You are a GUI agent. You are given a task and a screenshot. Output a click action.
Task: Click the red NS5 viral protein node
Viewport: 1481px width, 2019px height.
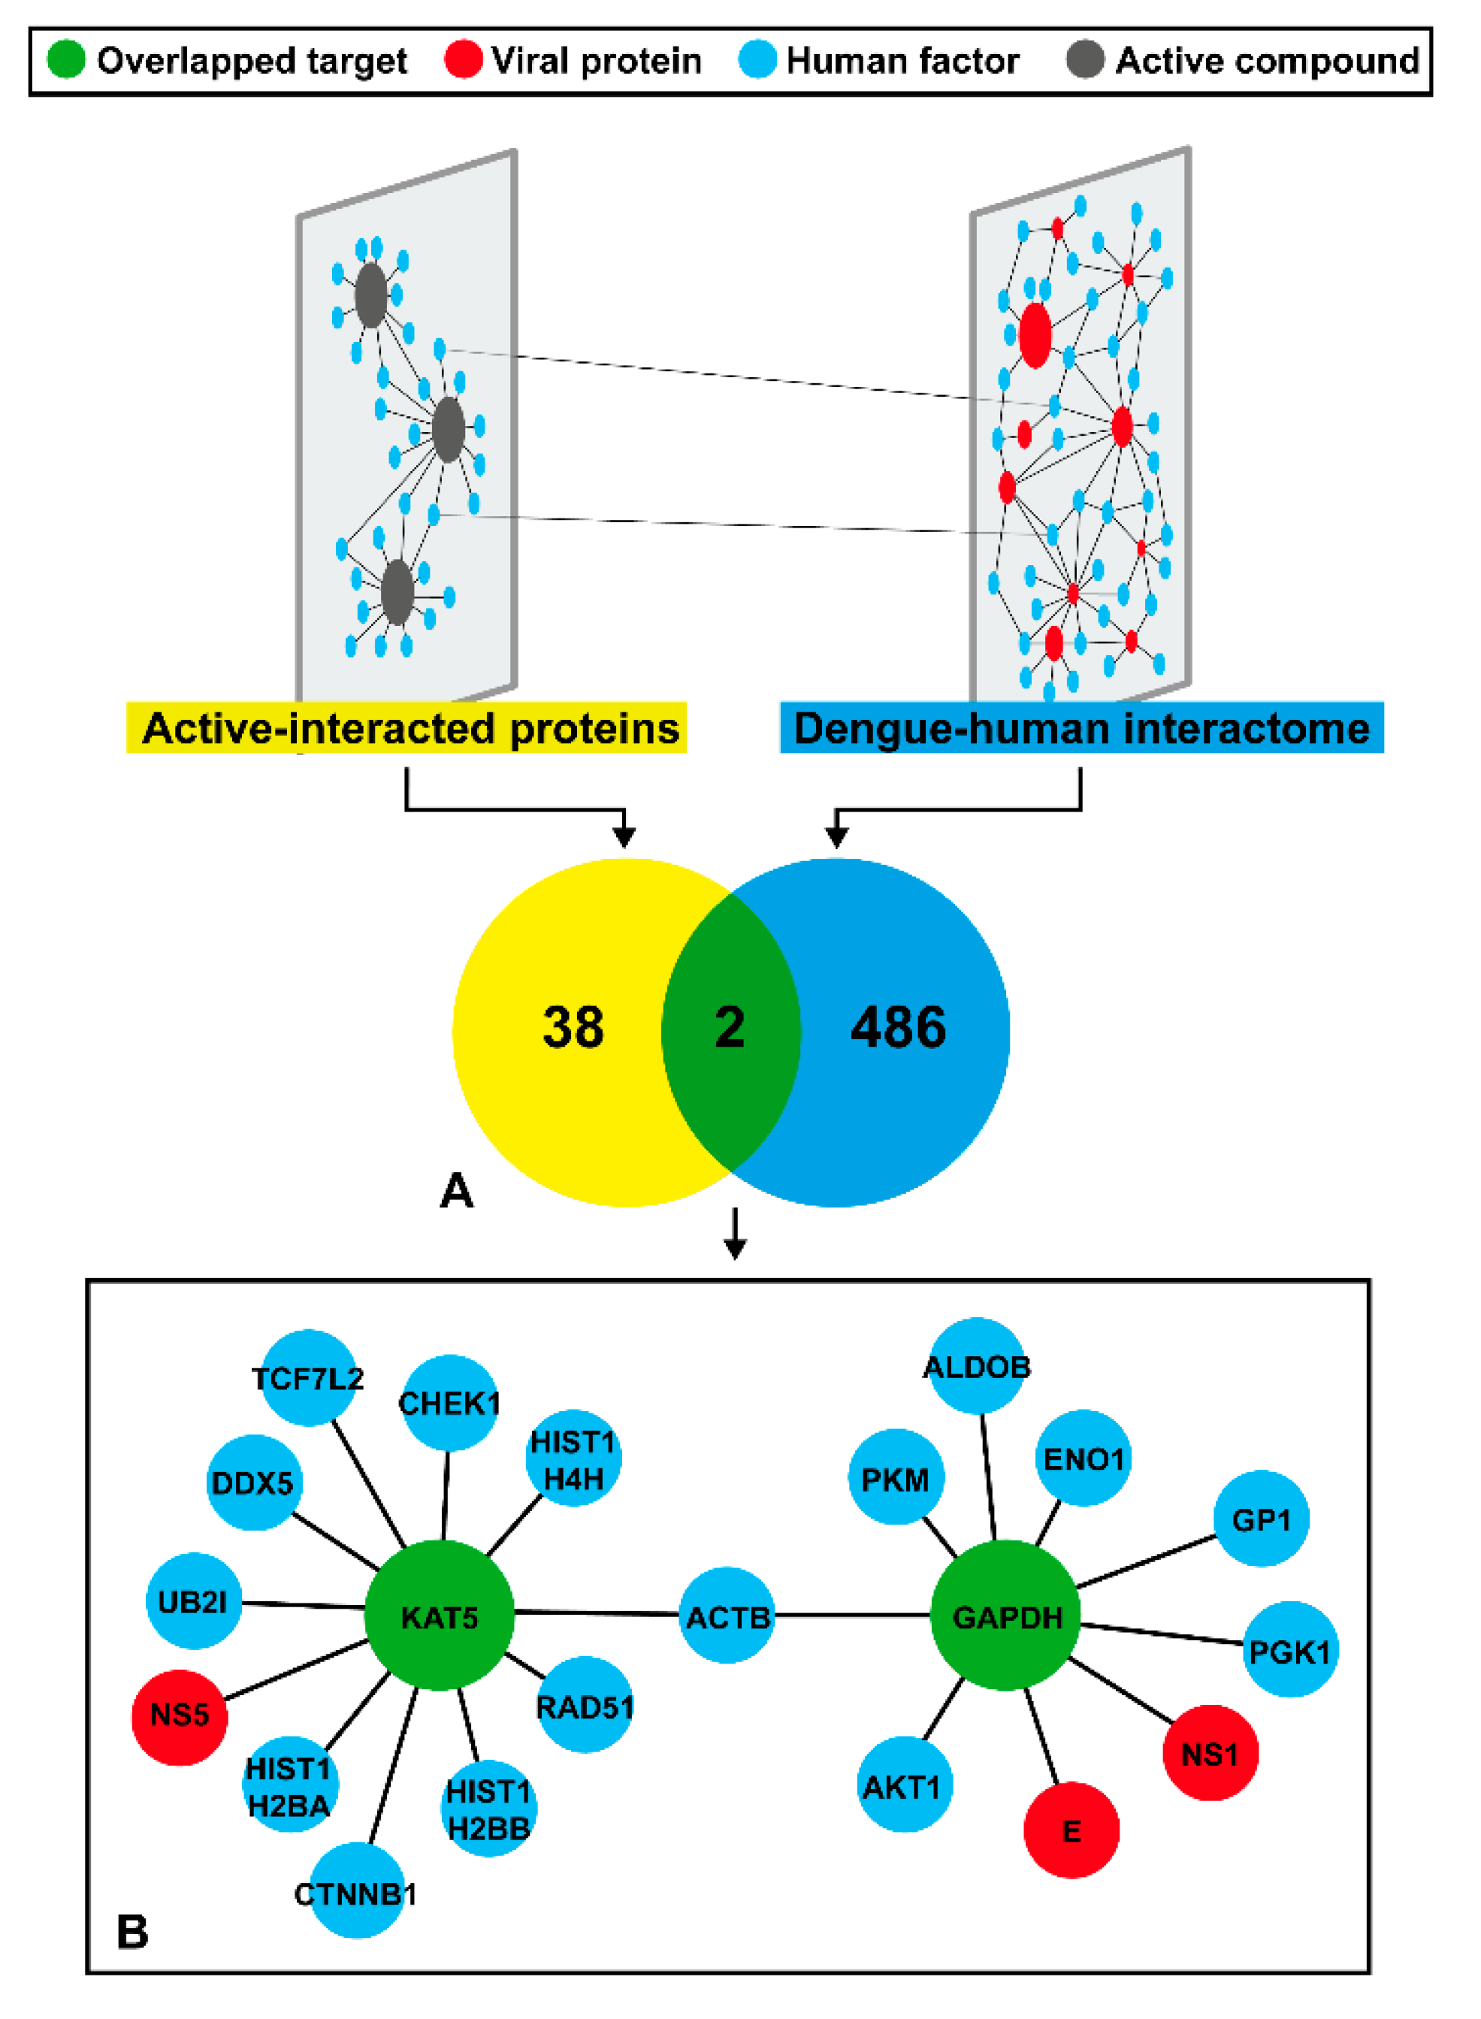tap(180, 1717)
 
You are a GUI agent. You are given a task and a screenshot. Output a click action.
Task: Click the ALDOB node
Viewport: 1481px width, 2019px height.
tap(977, 1366)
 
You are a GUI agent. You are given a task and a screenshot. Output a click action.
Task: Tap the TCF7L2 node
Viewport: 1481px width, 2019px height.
tap(307, 1378)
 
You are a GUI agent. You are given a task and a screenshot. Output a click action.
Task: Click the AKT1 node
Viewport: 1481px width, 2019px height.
tap(904, 1784)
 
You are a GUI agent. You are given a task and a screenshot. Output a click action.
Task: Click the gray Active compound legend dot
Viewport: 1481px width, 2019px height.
tap(1086, 59)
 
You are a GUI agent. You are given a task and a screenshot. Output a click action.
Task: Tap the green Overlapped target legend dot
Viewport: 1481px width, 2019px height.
tap(65, 59)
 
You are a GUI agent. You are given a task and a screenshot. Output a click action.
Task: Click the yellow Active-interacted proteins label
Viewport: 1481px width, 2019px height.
tap(407, 727)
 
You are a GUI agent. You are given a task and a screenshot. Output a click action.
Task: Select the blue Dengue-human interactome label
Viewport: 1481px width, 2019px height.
tap(1081, 727)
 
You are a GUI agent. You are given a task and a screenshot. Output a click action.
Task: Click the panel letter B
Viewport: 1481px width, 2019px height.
tap(133, 1932)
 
